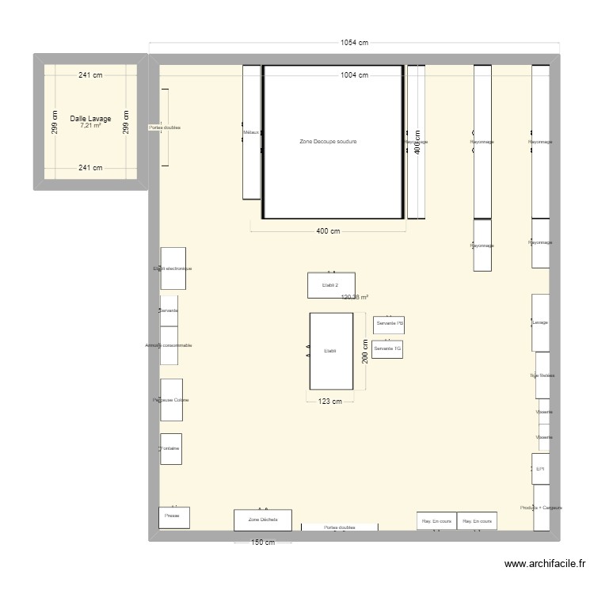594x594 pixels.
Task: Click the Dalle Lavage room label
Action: [x=90, y=119]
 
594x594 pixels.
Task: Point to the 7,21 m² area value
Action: [x=90, y=126]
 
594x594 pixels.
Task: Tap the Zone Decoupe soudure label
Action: [x=328, y=142]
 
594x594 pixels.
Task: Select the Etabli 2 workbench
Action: [x=331, y=285]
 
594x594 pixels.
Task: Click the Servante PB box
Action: [x=390, y=324]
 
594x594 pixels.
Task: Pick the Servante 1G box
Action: [x=388, y=348]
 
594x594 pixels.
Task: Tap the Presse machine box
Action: [x=173, y=516]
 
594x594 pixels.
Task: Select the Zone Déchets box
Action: [x=262, y=520]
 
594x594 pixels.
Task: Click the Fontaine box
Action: [x=170, y=448]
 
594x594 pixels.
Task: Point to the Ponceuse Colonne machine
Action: [x=171, y=400]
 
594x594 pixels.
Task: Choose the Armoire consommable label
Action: [x=169, y=346]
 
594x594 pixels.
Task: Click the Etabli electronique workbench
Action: [x=173, y=268]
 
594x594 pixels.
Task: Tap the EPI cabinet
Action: [x=540, y=468]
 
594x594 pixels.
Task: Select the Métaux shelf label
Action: [x=251, y=132]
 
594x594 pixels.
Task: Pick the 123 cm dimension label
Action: [x=330, y=402]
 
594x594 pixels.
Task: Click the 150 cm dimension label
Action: [x=263, y=543]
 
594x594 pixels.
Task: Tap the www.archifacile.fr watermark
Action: [x=545, y=565]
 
